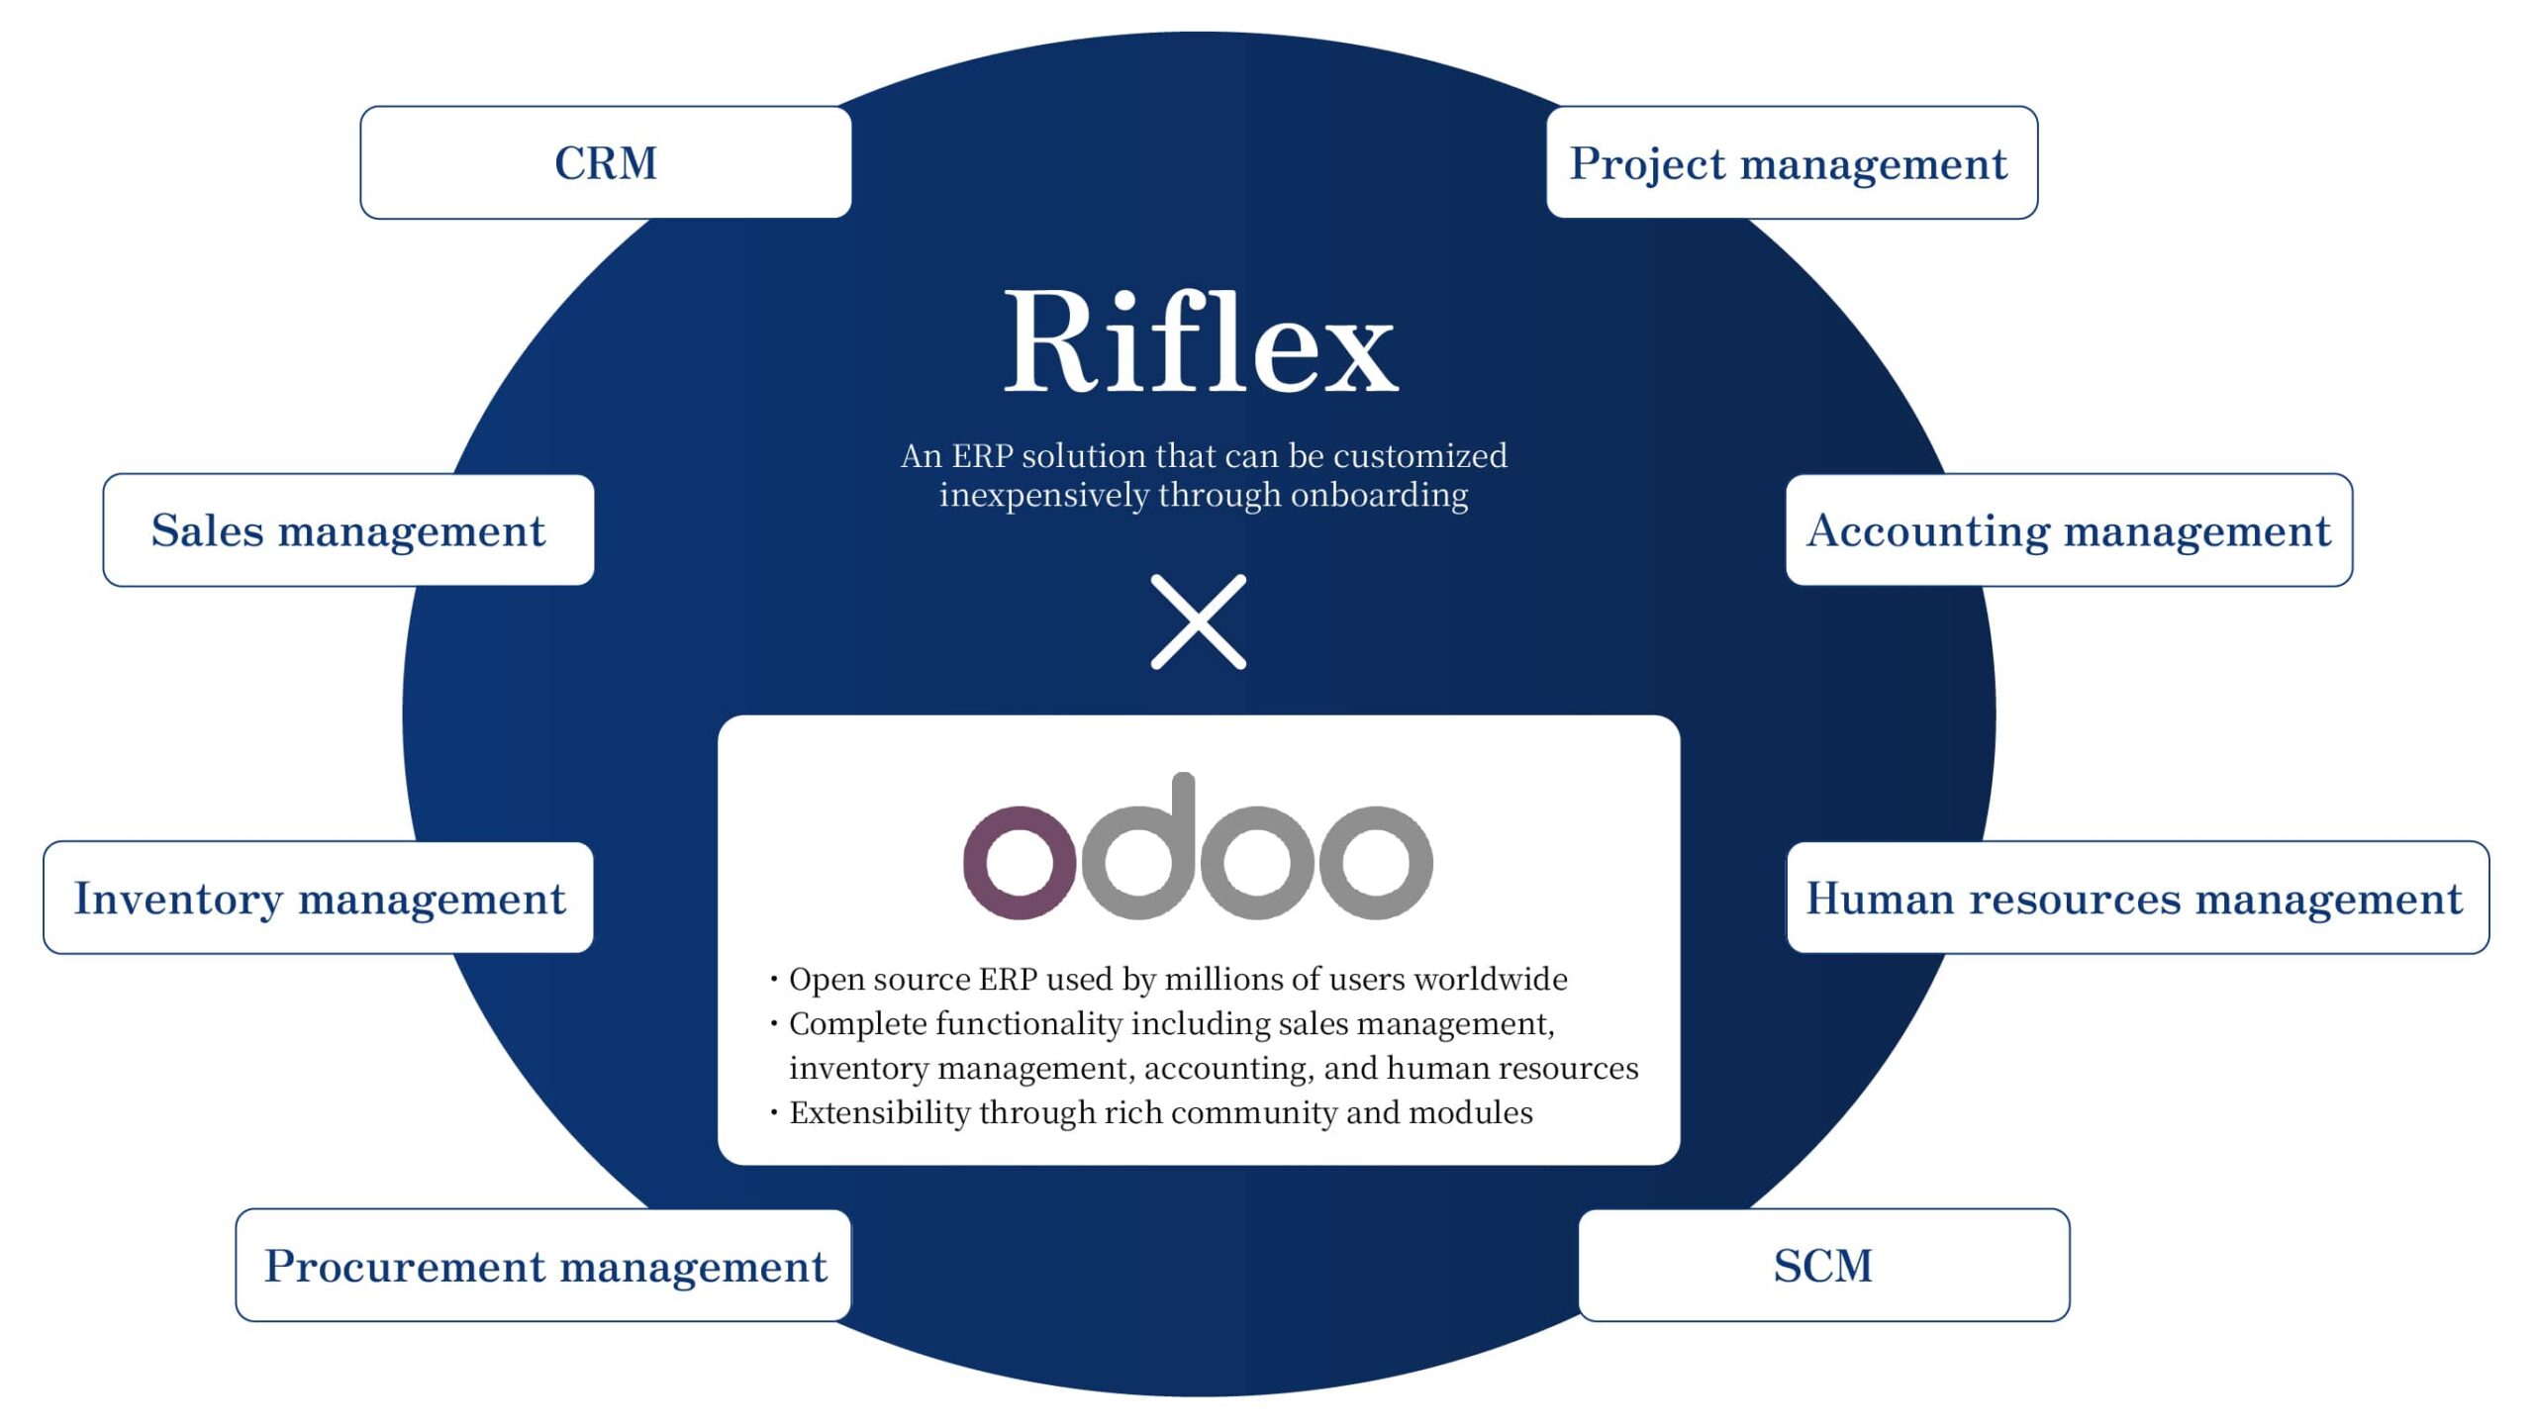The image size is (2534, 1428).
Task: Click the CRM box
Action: tap(606, 163)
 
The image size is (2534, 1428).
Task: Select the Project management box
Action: tap(1791, 163)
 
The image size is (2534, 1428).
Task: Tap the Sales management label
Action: tap(347, 530)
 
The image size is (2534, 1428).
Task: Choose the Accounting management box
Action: tap(2069, 530)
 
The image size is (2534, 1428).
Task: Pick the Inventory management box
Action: tap(319, 899)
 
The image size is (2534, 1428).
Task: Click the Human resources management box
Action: tap(2136, 899)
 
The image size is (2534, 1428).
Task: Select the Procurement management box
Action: tap(543, 1266)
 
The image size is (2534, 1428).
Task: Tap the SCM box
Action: tap(1823, 1266)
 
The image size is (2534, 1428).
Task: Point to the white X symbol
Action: tap(1199, 621)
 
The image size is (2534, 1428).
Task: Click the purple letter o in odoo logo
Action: tap(1019, 862)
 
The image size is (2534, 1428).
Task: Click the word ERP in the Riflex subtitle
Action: tap(983, 456)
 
